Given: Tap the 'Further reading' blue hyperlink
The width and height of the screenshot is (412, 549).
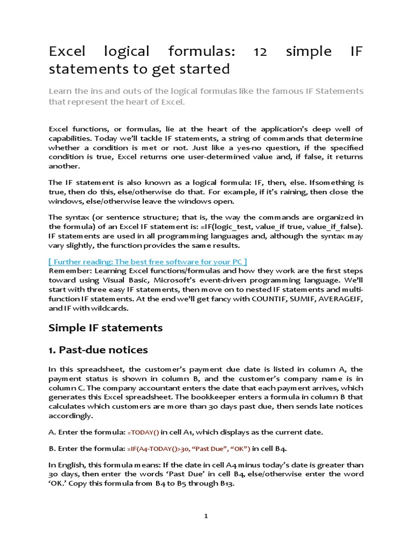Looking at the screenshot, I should pyautogui.click(x=148, y=261).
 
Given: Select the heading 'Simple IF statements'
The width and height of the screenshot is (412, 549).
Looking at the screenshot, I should pyautogui.click(x=106, y=327).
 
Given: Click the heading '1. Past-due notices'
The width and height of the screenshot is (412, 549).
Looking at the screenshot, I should pyautogui.click(x=98, y=350).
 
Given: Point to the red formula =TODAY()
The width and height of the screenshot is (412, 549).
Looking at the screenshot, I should pyautogui.click(x=143, y=432).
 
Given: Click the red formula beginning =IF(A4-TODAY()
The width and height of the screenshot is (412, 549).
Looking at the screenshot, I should pyautogui.click(x=188, y=448).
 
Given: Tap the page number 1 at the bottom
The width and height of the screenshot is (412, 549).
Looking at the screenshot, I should pyautogui.click(x=206, y=516).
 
